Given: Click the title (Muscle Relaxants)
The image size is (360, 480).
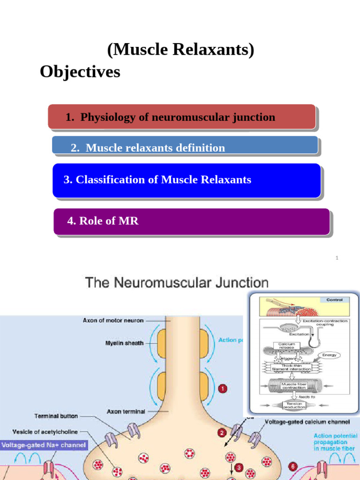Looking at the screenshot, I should [180, 49].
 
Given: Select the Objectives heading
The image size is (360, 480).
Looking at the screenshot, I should [80, 72].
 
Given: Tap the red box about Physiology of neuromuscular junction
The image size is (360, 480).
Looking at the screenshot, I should [181, 117].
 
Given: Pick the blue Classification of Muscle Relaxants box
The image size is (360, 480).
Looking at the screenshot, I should [187, 180].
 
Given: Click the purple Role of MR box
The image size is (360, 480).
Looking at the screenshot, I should [191, 221].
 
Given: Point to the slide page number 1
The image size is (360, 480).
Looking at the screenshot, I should [337, 258].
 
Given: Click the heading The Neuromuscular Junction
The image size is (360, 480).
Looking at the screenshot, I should [176, 283].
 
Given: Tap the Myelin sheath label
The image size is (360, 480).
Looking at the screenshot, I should [125, 343].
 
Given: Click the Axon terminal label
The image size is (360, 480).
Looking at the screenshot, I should [126, 411].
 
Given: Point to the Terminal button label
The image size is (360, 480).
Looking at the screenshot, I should [56, 416].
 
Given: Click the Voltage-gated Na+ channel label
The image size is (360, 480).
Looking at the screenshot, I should [44, 445].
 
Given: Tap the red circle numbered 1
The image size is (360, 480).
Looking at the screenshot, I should [223, 388].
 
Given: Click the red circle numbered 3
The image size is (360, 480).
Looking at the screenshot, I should [239, 467].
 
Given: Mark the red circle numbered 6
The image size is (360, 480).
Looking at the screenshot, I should [293, 467].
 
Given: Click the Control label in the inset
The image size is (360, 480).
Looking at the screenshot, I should [334, 300].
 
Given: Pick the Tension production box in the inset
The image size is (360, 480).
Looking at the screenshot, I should [294, 405].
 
